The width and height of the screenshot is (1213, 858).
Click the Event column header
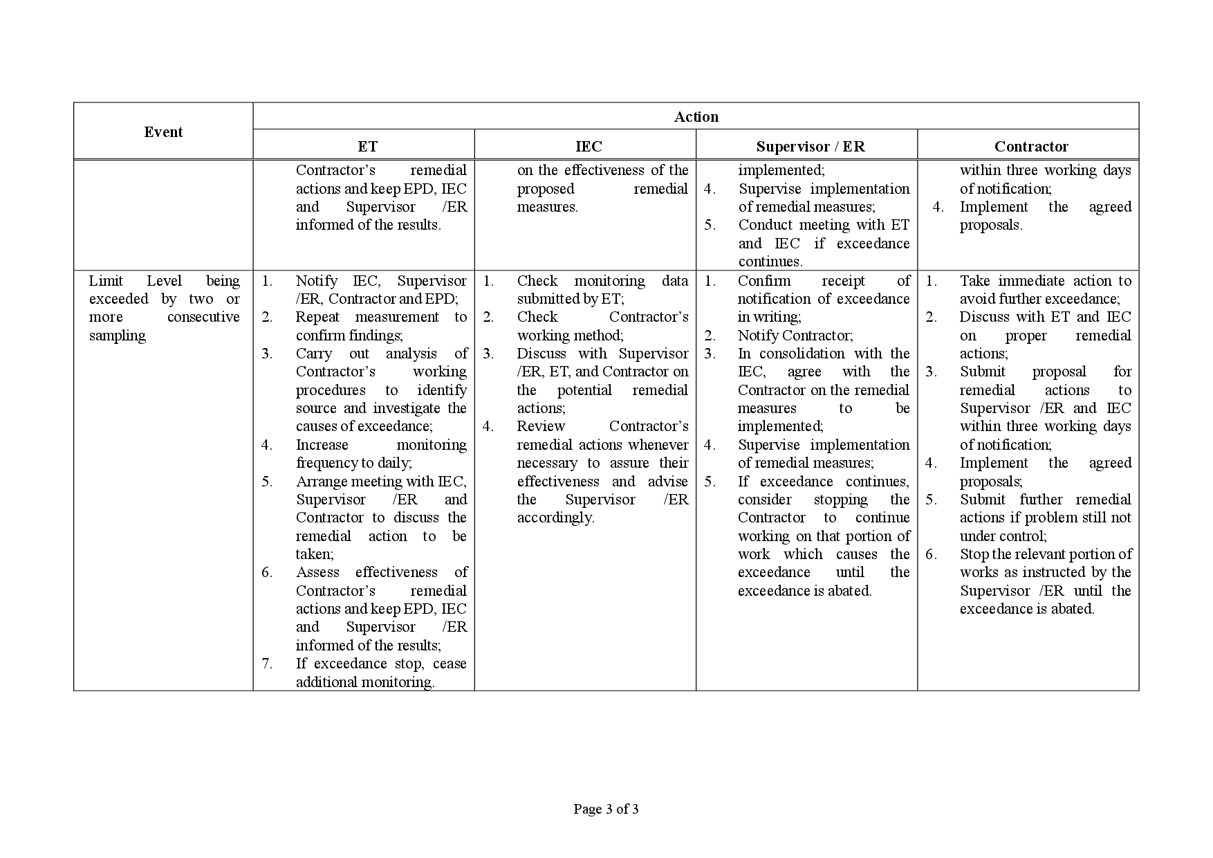[163, 132]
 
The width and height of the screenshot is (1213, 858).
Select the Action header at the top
[696, 117]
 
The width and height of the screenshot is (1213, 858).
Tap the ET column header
[367, 147]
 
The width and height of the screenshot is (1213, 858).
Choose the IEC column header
[589, 147]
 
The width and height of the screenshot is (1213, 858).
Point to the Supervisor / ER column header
[810, 147]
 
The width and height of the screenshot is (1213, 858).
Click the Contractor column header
[1031, 147]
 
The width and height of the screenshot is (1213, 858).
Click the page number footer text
[606, 809]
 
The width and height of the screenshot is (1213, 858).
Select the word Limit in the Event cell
[106, 281]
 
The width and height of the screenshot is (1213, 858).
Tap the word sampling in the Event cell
[118, 336]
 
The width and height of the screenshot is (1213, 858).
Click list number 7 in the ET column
[267, 664]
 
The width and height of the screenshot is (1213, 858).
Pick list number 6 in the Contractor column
[931, 554]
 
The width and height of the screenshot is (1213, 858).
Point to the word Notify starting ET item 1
[316, 281]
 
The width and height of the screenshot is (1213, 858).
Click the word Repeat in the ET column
[317, 317]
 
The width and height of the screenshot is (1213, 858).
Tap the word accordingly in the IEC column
[555, 518]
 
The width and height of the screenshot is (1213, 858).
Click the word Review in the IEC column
[541, 426]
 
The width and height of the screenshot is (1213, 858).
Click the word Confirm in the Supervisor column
[763, 281]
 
